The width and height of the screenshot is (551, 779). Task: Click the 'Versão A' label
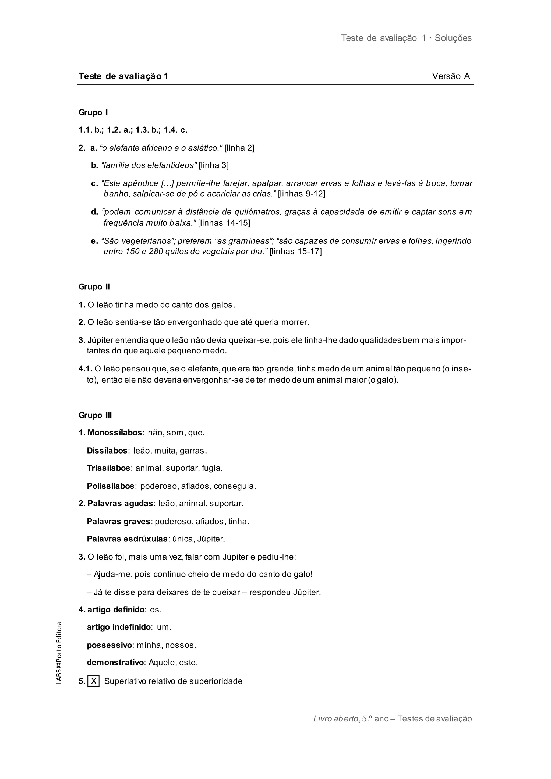[x=451, y=76]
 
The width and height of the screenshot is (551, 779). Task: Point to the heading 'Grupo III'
[x=95, y=415]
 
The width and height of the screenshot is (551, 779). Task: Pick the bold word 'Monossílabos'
[x=115, y=433]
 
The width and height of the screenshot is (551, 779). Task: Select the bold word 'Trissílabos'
[x=109, y=468]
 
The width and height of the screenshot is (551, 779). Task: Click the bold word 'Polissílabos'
[x=111, y=486]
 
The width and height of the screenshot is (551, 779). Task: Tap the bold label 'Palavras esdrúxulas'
[x=127, y=539]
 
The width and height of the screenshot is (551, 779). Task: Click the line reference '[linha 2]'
[x=239, y=148]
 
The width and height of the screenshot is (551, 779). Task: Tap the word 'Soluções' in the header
[x=453, y=38]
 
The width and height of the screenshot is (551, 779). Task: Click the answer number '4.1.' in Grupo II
[x=86, y=369]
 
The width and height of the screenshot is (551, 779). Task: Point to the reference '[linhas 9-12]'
[x=301, y=194]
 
